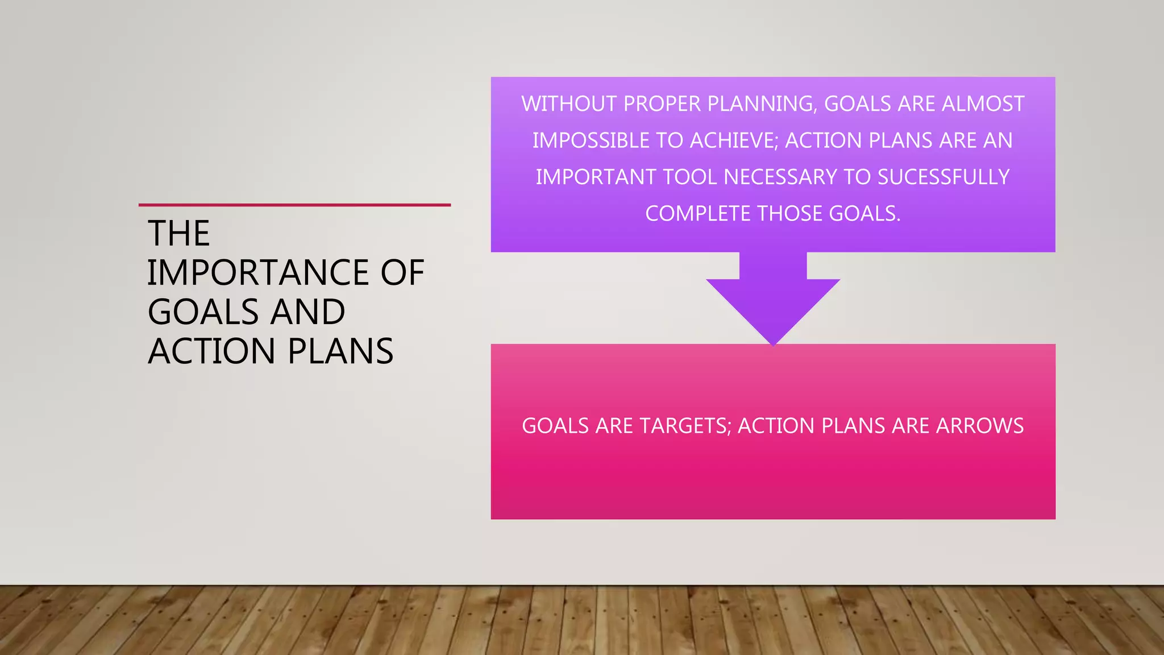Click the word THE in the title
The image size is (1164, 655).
click(x=178, y=233)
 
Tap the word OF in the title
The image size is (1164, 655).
click(x=402, y=272)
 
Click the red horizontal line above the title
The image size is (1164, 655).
click(x=294, y=205)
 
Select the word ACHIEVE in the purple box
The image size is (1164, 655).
click(x=734, y=140)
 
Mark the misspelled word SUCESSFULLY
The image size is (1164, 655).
click(x=943, y=177)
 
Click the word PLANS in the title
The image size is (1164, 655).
click(x=340, y=351)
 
